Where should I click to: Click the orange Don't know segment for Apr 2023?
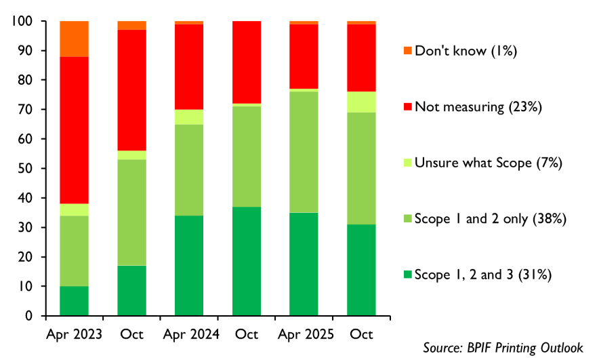74,39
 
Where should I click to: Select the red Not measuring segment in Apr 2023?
74,130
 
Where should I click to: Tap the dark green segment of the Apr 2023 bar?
74,301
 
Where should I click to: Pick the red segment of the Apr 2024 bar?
189,67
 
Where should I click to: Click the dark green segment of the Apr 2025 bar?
304,264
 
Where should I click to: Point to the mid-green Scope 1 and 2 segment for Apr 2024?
189,170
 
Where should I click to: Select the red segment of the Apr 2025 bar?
304,56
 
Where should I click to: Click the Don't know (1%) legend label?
466,51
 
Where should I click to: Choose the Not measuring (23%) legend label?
478,107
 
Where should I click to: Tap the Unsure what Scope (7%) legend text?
489,163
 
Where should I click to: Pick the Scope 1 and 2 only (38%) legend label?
491,218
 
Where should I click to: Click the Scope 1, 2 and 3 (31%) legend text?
483,275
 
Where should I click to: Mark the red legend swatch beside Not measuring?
408,106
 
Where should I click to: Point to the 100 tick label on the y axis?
22,21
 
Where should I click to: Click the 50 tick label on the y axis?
26,169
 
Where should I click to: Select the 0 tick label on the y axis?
29,316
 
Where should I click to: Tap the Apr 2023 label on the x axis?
74,335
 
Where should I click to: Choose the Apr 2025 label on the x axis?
306,335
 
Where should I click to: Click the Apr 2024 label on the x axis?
191,335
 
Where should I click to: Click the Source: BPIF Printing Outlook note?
503,348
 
